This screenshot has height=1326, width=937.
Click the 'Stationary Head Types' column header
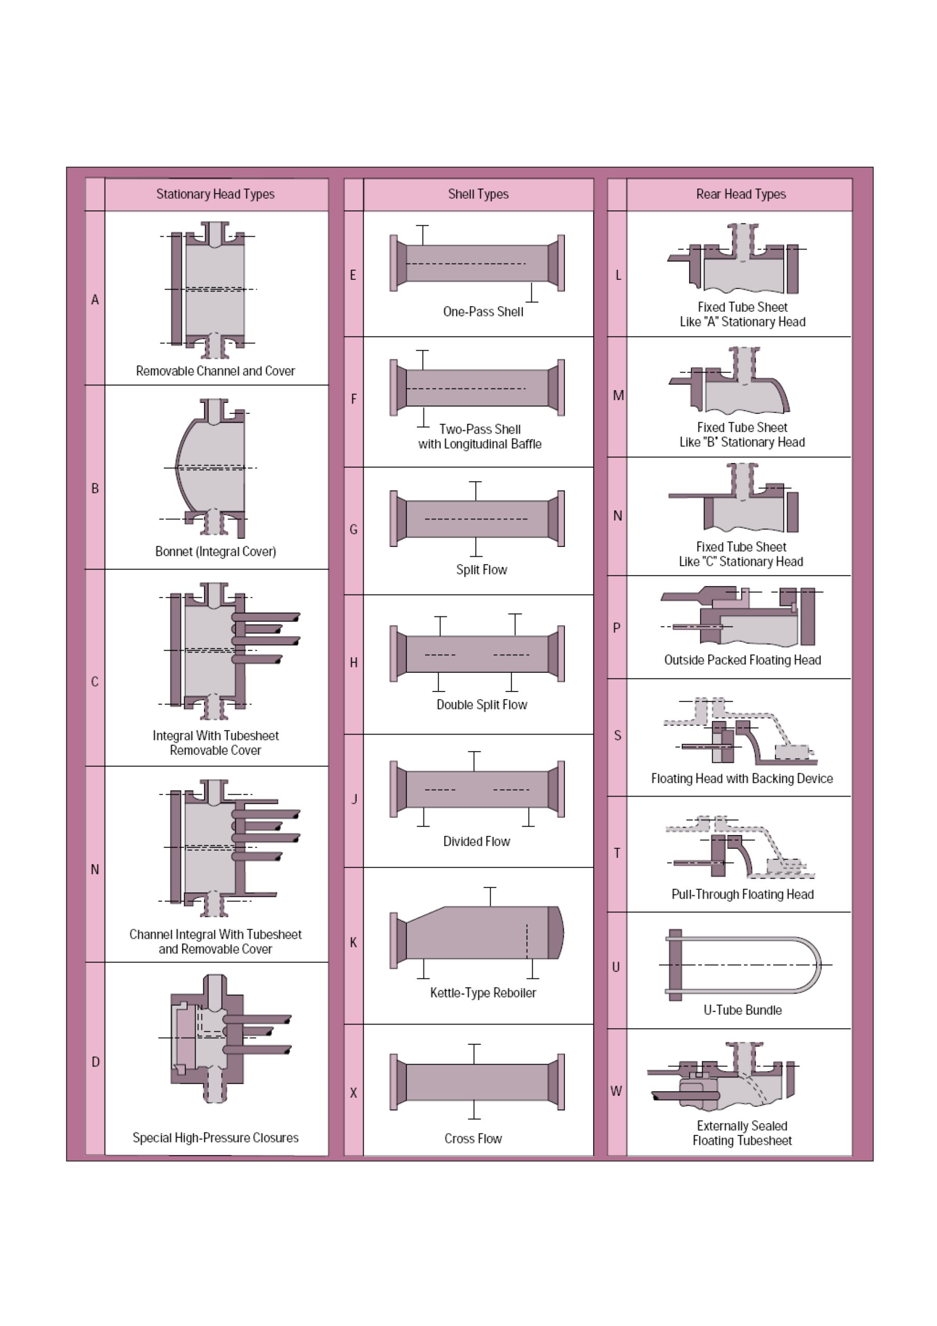215,194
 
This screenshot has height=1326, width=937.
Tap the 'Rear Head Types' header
741,194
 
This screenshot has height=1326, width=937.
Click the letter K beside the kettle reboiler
354,942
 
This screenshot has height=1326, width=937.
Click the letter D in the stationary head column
95,1061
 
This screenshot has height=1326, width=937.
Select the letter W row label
617,1091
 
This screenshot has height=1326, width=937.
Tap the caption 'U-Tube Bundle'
742,1010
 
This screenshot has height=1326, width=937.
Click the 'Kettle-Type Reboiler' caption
482,993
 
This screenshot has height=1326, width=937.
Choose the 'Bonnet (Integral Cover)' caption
215,552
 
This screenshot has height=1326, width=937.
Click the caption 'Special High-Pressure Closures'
215,1138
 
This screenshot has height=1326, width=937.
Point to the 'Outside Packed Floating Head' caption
742,660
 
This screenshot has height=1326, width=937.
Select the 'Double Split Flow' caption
481,704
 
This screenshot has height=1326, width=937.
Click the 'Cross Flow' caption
473,1138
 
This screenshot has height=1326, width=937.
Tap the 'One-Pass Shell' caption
483,311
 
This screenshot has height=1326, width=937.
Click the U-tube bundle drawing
745,965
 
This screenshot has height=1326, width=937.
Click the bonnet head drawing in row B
211,468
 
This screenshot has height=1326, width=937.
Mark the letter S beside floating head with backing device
617,735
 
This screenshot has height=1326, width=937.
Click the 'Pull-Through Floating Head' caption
742,895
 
